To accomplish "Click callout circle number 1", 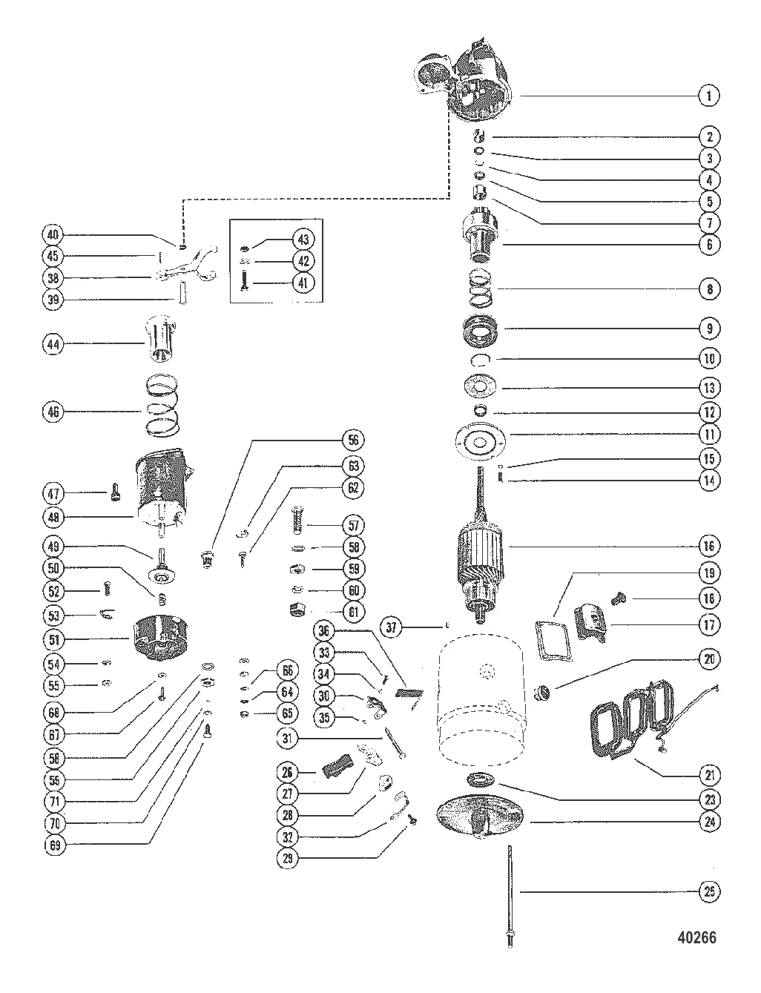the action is (709, 96).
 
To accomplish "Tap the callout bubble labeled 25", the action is (709, 891).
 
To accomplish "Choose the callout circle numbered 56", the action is (353, 440).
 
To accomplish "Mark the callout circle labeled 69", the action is (54, 845).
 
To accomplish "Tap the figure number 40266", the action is (696, 937).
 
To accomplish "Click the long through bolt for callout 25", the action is (510, 896).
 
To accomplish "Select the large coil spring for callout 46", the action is (162, 406).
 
